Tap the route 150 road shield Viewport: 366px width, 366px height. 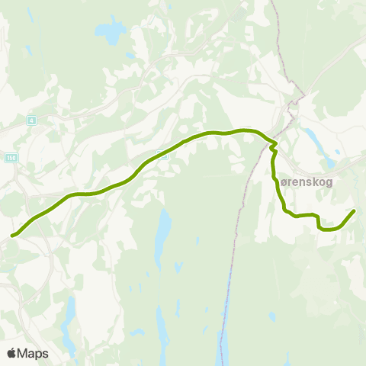11,157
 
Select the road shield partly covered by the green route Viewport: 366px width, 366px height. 162,153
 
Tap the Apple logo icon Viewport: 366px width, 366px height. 11,353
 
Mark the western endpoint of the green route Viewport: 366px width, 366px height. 12,236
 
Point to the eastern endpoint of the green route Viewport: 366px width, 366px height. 355,210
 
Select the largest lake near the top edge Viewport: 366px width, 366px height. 110,32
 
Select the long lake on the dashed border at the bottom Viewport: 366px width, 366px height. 223,347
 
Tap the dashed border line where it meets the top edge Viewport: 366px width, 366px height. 273,2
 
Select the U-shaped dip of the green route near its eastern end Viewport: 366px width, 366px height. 328,228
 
